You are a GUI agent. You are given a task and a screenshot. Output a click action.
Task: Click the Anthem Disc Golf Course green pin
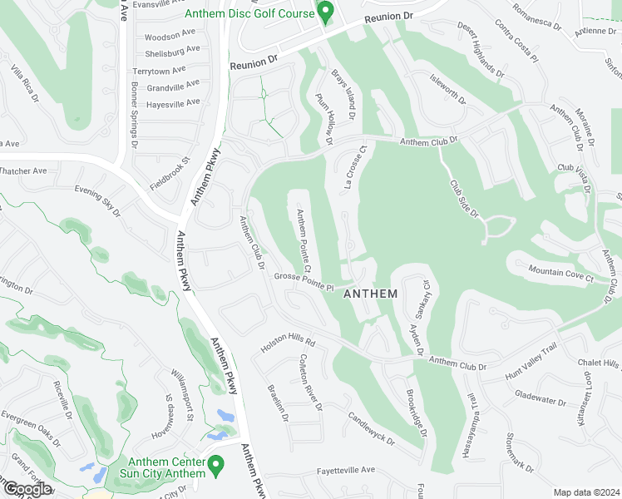(x=326, y=12)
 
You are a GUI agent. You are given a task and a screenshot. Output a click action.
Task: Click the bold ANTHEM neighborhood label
(x=370, y=294)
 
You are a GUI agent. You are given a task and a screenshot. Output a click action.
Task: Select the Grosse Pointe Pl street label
(x=304, y=282)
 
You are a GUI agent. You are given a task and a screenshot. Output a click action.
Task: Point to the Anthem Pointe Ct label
(x=304, y=241)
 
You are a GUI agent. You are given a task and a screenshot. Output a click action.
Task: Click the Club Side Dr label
(x=465, y=199)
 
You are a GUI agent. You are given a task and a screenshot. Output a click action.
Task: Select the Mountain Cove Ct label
(x=561, y=272)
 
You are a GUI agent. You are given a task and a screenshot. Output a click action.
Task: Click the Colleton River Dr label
(x=309, y=382)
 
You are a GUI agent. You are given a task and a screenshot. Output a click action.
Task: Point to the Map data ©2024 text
(x=587, y=492)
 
